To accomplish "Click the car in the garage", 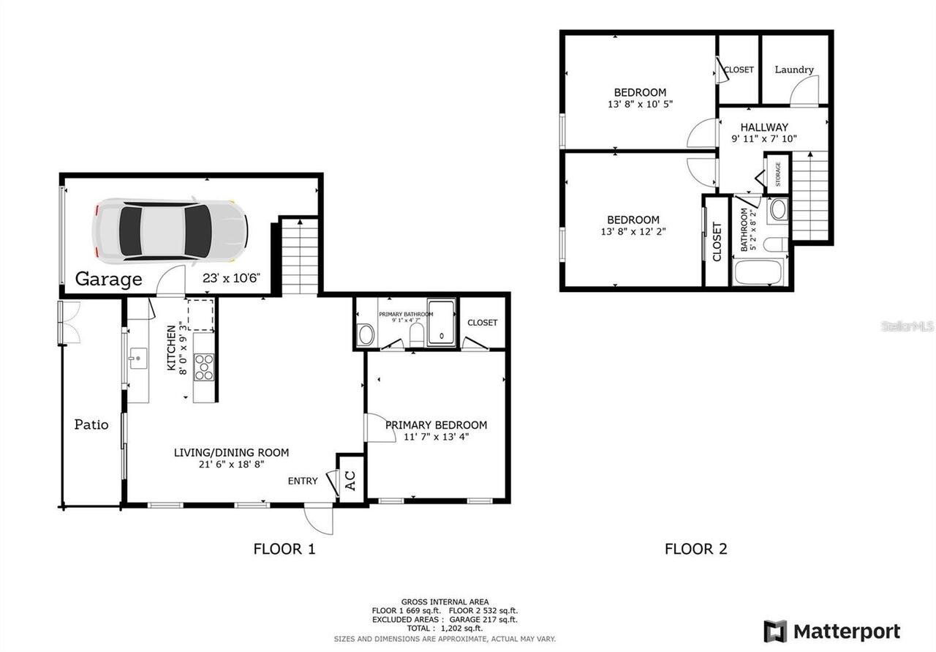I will pyautogui.click(x=170, y=231).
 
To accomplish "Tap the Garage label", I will pyautogui.click(x=108, y=279).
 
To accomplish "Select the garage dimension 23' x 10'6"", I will pyautogui.click(x=231, y=278).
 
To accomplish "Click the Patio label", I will pyautogui.click(x=91, y=424).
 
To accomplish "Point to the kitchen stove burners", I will pyautogui.click(x=204, y=367).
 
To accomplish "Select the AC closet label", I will pyautogui.click(x=350, y=480).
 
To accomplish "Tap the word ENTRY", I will pyautogui.click(x=303, y=481).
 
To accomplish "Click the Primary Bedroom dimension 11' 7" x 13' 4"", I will pyautogui.click(x=436, y=437).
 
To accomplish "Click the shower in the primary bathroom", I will pyautogui.click(x=441, y=323).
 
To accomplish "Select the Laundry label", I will pyautogui.click(x=794, y=70).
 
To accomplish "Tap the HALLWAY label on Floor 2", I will pyautogui.click(x=764, y=127).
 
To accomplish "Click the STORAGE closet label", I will pyautogui.click(x=778, y=173).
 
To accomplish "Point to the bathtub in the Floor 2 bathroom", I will pyautogui.click(x=758, y=272).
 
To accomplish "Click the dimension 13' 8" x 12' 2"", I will pyautogui.click(x=633, y=231).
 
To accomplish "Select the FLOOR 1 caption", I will pyautogui.click(x=284, y=549).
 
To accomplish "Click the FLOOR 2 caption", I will pyautogui.click(x=695, y=549).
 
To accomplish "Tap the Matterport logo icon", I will pyautogui.click(x=775, y=632).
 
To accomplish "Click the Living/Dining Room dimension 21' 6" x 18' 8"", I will pyautogui.click(x=231, y=464).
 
